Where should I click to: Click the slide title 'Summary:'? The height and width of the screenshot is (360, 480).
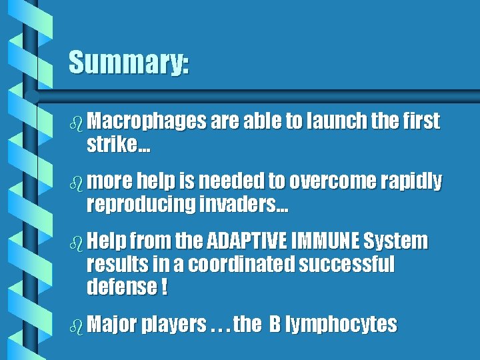click(x=129, y=63)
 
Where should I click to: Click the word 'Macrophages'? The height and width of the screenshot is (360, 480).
click(x=146, y=121)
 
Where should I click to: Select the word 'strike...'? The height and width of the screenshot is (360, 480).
click(x=118, y=147)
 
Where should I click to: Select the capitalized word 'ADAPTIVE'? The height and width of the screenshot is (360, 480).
click(x=247, y=241)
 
